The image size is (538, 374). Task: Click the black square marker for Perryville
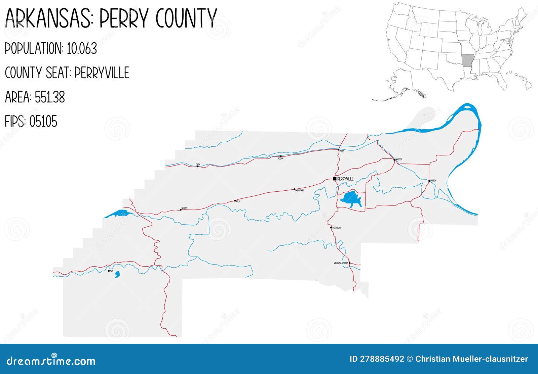(x=335, y=179)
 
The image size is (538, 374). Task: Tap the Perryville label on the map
(x=345, y=179)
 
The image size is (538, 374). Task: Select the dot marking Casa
(x=197, y=166)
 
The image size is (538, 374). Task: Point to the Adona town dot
(x=280, y=156)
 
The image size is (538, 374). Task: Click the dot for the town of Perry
(x=338, y=149)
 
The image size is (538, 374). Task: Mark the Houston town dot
(x=394, y=160)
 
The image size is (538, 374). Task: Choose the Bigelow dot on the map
(x=429, y=181)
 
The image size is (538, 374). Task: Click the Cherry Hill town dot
(x=294, y=189)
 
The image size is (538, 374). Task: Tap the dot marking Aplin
(x=235, y=201)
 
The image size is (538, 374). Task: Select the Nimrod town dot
(x=181, y=210)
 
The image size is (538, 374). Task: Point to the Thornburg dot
(x=331, y=228)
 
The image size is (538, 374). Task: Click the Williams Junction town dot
(x=349, y=263)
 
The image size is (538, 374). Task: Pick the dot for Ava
(x=109, y=271)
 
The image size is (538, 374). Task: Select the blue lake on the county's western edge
(x=116, y=214)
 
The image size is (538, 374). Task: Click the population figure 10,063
(x=82, y=49)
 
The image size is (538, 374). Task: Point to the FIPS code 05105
(x=43, y=122)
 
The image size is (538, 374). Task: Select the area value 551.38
(x=50, y=97)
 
